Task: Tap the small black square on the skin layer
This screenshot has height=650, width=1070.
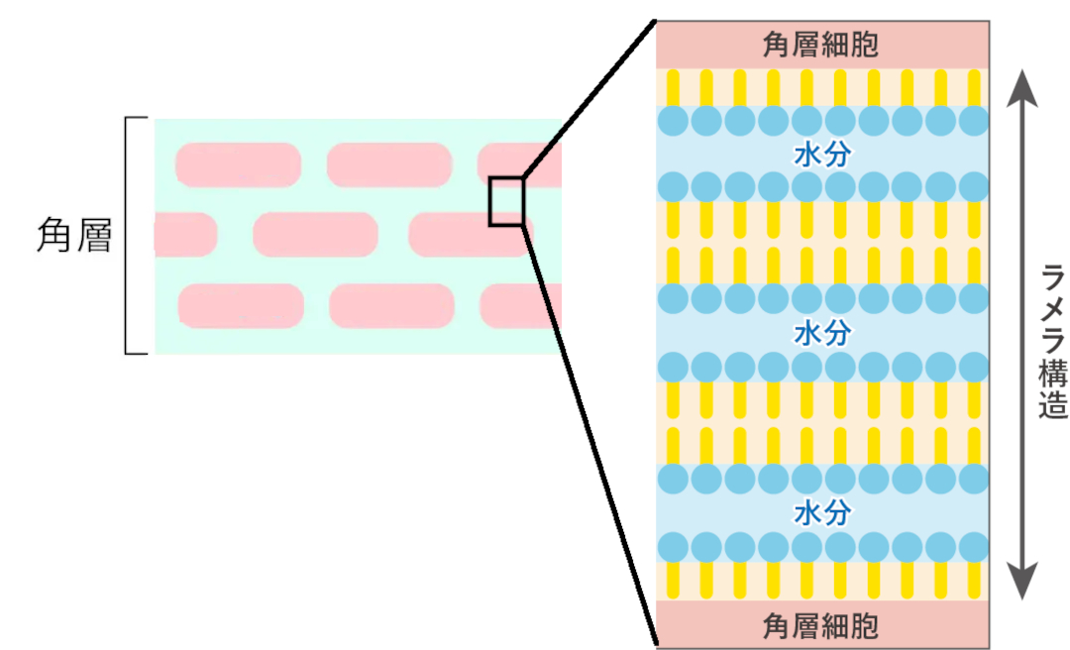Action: point(505,201)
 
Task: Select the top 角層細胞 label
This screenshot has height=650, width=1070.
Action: point(821,45)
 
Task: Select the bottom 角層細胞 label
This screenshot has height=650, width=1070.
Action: point(821,625)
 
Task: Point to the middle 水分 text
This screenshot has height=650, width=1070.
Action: point(821,333)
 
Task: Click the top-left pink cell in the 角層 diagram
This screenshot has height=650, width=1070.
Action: point(239,164)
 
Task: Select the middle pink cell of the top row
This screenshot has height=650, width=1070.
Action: point(388,164)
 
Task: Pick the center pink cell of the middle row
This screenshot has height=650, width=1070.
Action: point(315,235)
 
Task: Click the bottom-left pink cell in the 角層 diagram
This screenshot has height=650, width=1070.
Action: point(241,305)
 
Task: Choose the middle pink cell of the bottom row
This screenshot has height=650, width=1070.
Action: point(391,305)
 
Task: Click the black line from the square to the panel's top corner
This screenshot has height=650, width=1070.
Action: point(588,98)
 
